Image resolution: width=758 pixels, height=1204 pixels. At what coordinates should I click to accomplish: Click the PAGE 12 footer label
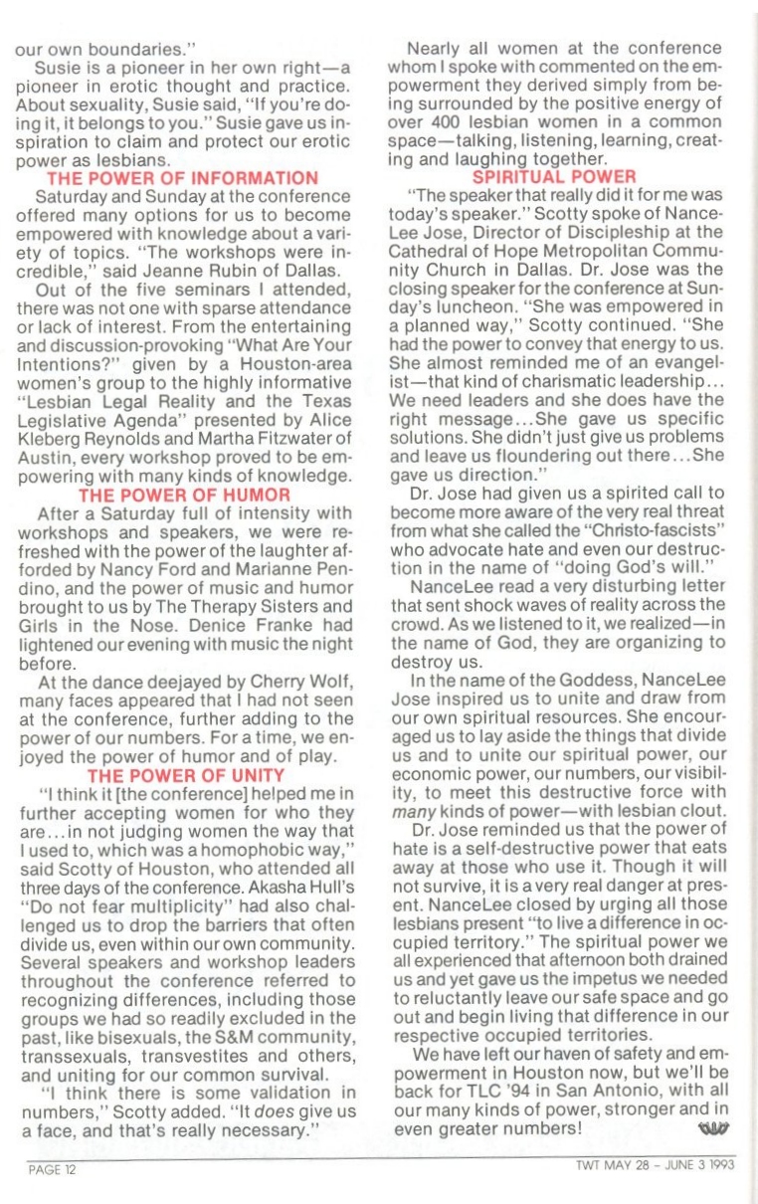point(52,1169)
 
